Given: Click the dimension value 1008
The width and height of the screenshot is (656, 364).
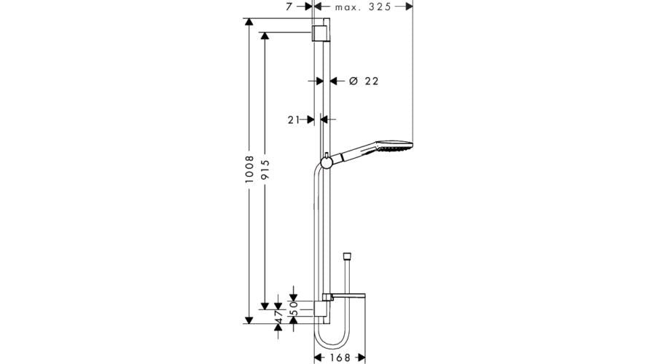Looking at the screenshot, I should point(249,171).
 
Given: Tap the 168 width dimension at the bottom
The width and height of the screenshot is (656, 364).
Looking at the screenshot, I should point(335,357).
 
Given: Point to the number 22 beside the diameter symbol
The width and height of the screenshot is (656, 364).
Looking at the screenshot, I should point(371,82).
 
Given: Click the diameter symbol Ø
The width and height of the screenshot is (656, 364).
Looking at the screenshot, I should point(352,82).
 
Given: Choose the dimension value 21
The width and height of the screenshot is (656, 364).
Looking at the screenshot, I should point(294,119).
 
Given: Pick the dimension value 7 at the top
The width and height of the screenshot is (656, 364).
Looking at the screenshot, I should point(289,6).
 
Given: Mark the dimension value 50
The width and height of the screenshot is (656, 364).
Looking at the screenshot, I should point(294,306).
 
